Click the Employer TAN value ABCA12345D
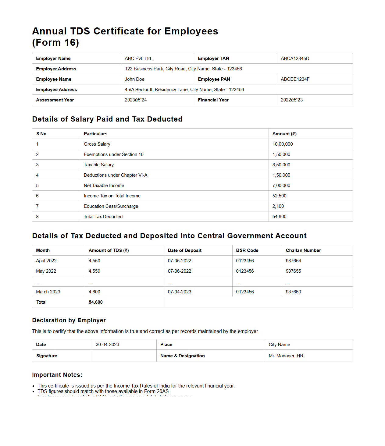click(295, 58)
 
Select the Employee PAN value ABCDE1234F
click(295, 79)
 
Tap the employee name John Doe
click(134, 79)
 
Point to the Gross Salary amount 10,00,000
click(282, 144)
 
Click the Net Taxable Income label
click(104, 186)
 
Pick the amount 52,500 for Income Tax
click(279, 196)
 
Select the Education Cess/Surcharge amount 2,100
click(278, 206)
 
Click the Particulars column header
click(95, 134)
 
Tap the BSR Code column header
click(247, 250)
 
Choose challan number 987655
click(293, 271)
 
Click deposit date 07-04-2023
click(179, 292)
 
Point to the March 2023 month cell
click(48, 292)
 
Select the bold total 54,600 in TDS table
click(95, 302)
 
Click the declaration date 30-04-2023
click(107, 345)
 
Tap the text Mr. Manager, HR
click(286, 356)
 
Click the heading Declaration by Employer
click(69, 320)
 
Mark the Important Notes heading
click(57, 375)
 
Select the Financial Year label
click(213, 100)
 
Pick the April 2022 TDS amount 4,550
click(94, 261)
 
